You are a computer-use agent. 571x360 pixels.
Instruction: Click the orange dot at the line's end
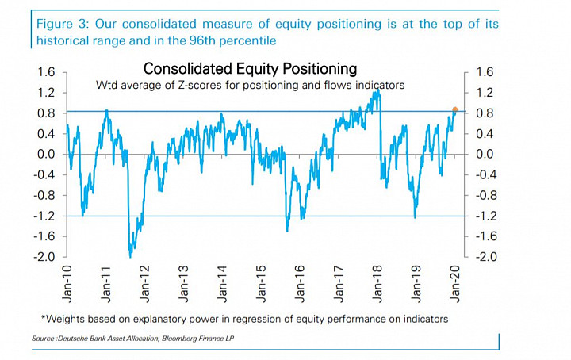point(455,109)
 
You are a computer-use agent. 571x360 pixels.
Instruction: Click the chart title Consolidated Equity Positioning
point(250,68)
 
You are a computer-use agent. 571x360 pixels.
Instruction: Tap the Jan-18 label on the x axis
point(377,284)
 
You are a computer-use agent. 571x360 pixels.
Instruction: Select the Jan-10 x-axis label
point(67,284)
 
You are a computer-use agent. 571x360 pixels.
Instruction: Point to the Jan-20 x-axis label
point(455,284)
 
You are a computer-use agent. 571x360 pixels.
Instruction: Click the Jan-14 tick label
point(222,284)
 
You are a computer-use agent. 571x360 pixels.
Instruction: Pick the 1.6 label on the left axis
point(46,72)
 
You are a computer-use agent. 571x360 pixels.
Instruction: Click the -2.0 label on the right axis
point(485,257)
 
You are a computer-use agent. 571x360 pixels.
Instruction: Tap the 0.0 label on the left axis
point(46,155)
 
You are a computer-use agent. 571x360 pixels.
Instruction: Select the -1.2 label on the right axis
point(485,216)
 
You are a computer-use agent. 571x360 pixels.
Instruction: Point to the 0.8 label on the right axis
point(485,113)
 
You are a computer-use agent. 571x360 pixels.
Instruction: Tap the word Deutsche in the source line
point(71,339)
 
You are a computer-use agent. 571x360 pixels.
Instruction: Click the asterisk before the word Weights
point(44,317)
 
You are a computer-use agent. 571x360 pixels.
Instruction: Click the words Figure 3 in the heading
point(63,25)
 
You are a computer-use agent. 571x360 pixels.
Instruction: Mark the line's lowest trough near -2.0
point(130,257)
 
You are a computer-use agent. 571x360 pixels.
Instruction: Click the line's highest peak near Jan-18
point(377,90)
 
